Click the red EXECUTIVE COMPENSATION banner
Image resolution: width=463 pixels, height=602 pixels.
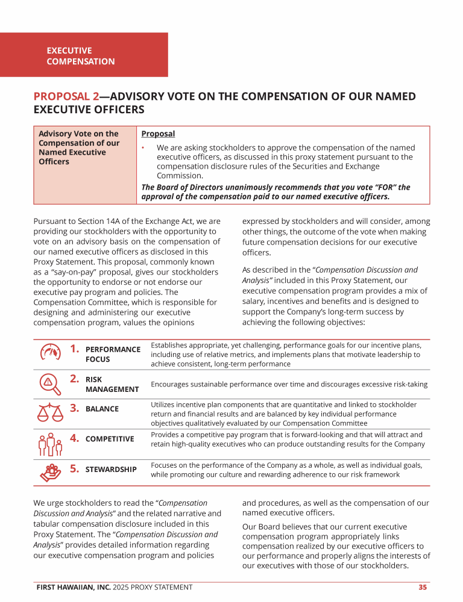point(84,55)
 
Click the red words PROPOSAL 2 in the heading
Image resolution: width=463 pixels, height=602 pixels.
point(66,96)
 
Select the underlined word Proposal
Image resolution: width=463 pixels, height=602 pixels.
point(158,134)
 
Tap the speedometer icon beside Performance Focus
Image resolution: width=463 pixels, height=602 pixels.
point(51,353)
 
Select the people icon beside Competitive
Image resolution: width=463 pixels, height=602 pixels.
point(51,444)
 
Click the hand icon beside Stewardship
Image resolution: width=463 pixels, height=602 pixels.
point(51,473)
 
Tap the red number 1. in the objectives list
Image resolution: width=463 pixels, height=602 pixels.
point(75,348)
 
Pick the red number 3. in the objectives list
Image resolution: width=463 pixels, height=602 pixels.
point(75,408)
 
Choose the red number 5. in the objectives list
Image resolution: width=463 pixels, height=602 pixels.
point(75,467)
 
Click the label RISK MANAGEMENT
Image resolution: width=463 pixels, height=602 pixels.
point(112,385)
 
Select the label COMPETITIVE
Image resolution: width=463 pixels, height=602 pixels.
point(110,439)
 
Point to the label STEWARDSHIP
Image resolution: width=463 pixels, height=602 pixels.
point(111,469)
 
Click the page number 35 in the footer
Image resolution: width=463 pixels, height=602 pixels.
point(423,587)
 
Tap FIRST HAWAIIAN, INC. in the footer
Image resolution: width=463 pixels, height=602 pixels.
point(72,587)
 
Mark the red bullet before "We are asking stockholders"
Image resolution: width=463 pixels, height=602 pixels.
point(143,147)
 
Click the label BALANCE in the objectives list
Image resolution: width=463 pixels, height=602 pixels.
point(102,409)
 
